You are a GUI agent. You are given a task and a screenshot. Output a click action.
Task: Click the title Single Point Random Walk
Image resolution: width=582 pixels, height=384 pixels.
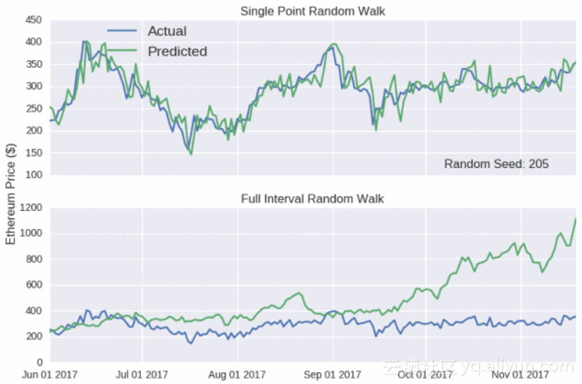[x=313, y=11]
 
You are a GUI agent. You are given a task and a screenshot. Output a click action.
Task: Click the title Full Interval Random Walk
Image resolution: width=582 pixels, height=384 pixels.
[x=313, y=199]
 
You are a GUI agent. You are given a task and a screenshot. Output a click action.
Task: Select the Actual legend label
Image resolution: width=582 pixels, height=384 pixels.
[x=166, y=31]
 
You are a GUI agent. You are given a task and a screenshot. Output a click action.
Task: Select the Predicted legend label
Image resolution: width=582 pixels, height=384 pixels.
[x=177, y=51]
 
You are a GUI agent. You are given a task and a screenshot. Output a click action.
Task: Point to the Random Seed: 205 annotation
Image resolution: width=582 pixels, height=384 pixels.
[x=497, y=164]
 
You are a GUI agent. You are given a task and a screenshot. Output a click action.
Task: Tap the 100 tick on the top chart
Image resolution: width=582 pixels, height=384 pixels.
[x=33, y=175]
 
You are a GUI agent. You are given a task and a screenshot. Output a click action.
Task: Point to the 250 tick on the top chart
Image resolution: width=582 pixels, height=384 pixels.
[x=33, y=109]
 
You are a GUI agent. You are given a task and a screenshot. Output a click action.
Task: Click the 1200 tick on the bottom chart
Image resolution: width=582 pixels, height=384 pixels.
[x=31, y=208]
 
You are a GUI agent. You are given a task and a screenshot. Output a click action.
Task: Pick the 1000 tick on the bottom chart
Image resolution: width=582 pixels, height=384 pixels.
[x=31, y=234]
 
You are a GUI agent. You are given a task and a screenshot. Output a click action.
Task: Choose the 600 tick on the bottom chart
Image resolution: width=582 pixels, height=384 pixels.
[x=33, y=285]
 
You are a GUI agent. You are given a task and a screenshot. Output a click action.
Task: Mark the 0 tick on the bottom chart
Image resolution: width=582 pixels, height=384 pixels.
[x=39, y=362]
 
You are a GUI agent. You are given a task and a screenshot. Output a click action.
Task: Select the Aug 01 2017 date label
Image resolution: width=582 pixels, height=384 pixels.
[x=238, y=375]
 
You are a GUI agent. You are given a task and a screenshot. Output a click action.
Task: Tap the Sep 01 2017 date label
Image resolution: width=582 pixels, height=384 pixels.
[x=332, y=375]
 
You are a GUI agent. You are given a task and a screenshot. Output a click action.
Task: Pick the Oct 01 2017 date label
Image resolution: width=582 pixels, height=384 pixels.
[x=426, y=375]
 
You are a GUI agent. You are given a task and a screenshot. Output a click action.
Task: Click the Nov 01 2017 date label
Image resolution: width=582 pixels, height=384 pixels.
[x=520, y=375]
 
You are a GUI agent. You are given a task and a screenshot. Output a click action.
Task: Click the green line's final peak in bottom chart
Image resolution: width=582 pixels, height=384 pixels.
[x=575, y=219]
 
